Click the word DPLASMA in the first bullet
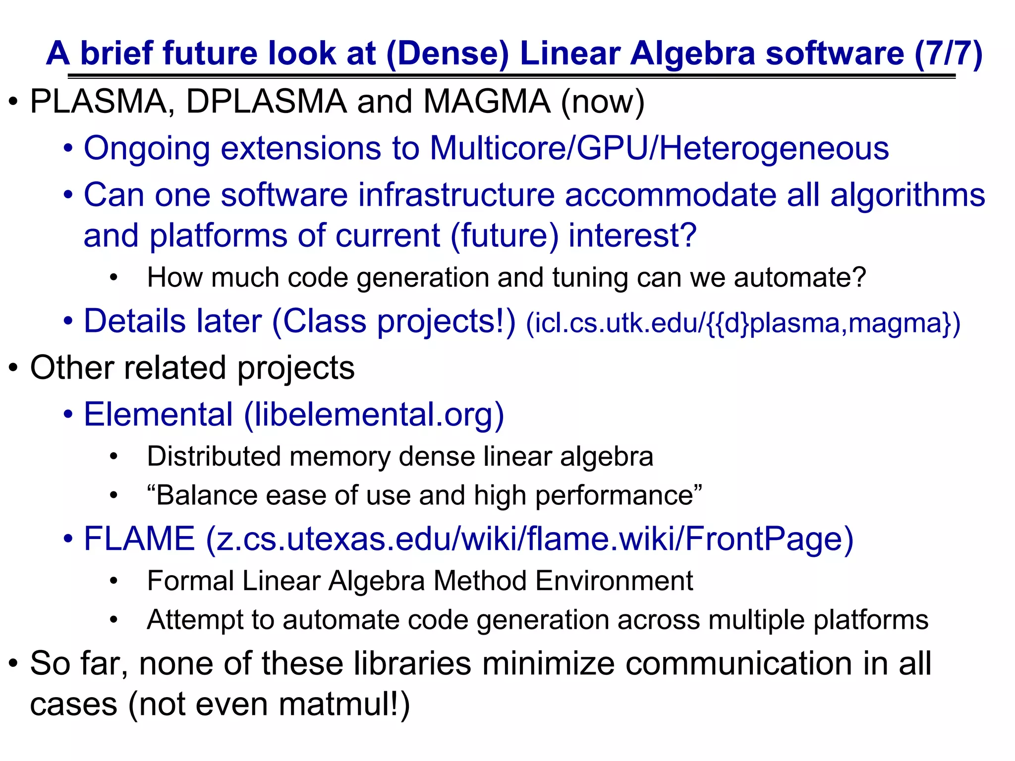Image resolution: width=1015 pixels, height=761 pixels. pyautogui.click(x=266, y=102)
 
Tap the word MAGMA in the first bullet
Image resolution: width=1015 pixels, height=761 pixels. pyautogui.click(x=487, y=102)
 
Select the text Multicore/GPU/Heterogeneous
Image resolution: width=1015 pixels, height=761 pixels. pyautogui.click(x=659, y=148)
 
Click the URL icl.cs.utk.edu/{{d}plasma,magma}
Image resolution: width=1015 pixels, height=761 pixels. pyautogui.click(x=743, y=323)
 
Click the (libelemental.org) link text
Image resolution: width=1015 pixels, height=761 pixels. pyautogui.click(x=374, y=415)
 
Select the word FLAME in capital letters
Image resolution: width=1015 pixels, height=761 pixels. pyautogui.click(x=139, y=539)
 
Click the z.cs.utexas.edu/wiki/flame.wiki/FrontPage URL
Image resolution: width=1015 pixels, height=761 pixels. pyautogui.click(x=530, y=540)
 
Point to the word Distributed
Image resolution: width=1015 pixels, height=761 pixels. pyautogui.click(x=214, y=456)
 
